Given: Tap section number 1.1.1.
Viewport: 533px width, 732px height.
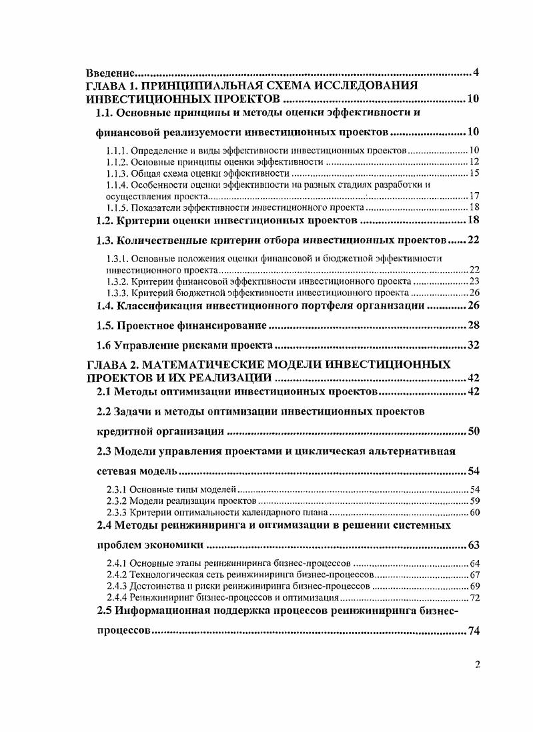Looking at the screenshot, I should pos(117,150).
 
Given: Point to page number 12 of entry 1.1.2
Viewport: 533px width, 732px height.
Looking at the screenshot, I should pos(474,162).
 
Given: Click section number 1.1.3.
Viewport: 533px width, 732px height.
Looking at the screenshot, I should pos(117,173).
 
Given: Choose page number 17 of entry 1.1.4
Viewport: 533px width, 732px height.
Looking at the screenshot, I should pos(474,197).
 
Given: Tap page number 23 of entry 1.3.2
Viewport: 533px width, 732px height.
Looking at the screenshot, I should pos(474,282).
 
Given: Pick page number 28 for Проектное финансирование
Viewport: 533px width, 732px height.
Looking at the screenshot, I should pos(473,326).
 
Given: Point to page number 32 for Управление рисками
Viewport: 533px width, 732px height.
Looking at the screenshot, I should pos(473,345).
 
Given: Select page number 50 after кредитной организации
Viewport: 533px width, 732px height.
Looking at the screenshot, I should pos(473,431).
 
